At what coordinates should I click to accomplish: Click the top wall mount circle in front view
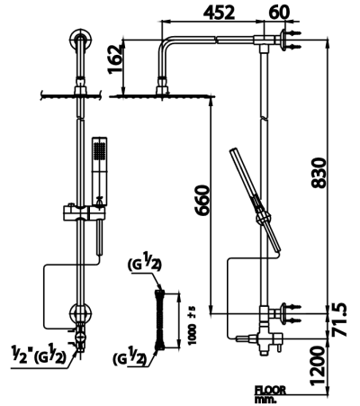coord(80,43)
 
